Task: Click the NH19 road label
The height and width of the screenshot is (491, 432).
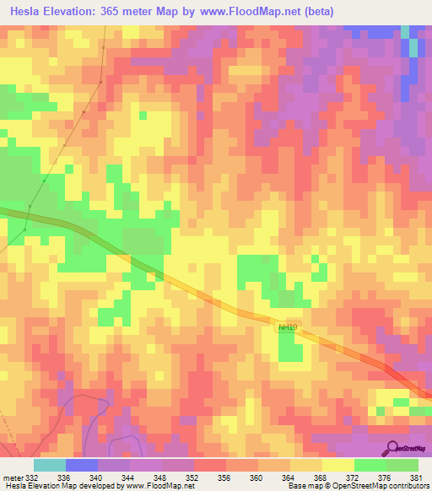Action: (x=288, y=326)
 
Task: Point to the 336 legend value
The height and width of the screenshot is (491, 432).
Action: (x=65, y=478)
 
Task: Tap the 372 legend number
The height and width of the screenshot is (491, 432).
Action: (x=354, y=478)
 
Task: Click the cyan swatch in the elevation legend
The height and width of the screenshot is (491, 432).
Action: (x=50, y=465)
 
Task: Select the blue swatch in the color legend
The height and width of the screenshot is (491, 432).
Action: (x=82, y=465)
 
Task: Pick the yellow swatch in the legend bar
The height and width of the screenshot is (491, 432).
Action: (x=338, y=465)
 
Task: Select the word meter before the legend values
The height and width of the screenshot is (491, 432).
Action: (x=13, y=478)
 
